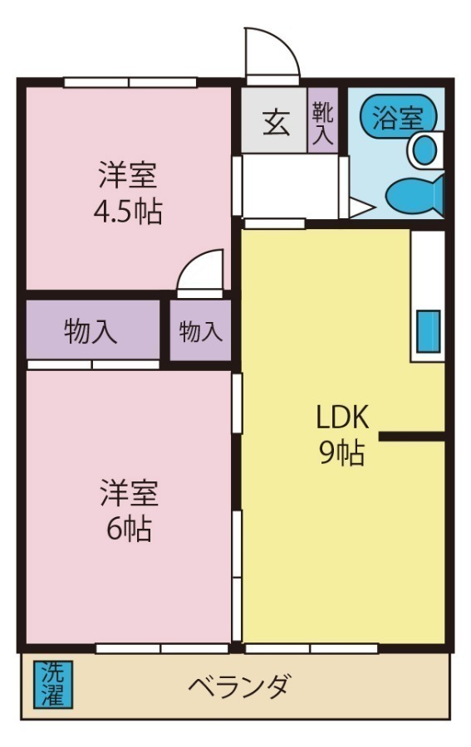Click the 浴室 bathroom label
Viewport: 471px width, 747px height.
pos(396,118)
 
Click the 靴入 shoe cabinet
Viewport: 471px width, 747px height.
pos(323,123)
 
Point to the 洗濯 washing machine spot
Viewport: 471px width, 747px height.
pos(53,684)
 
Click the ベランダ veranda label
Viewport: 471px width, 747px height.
pos(238,687)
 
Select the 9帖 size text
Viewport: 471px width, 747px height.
pos(341,452)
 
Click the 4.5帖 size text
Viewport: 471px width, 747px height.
pos(126,213)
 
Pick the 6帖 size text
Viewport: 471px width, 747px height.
pos(126,529)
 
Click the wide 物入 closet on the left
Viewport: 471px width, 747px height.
pos(91,332)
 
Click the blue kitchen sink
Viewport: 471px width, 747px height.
pos(428,330)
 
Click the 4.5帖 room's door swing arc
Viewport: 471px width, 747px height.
pos(201,271)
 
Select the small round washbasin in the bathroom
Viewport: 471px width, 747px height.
pos(424,150)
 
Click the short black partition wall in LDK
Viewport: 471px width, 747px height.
pos(413,436)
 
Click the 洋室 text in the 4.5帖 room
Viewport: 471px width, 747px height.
pos(127,176)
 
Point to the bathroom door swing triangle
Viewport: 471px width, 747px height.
pos(360,207)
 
